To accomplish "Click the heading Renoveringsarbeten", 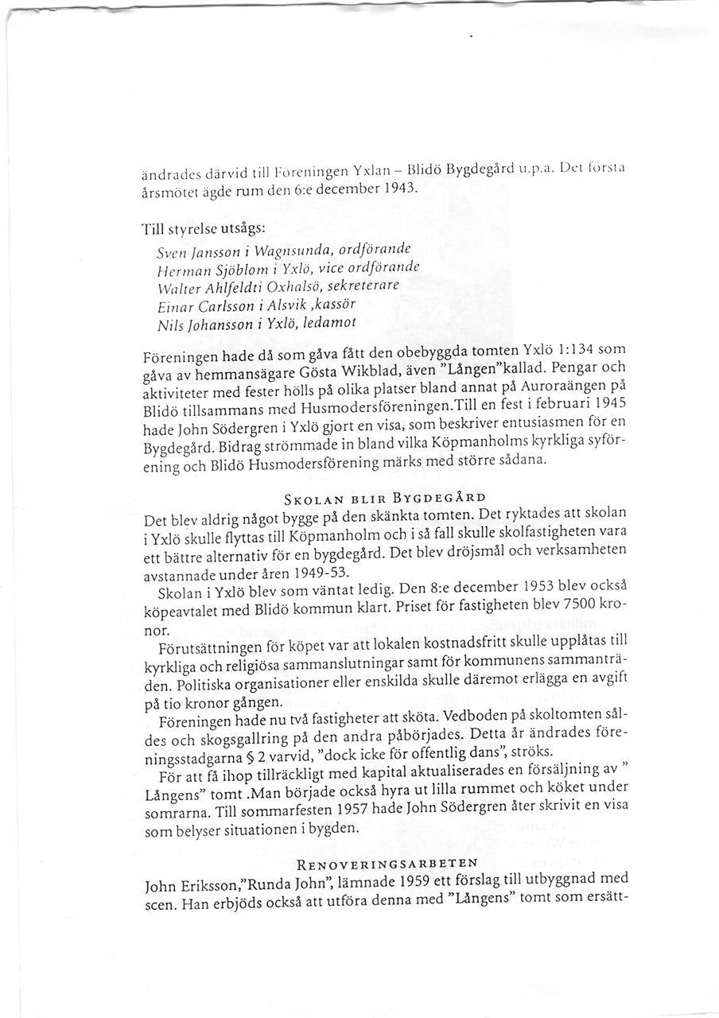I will tap(387, 863).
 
